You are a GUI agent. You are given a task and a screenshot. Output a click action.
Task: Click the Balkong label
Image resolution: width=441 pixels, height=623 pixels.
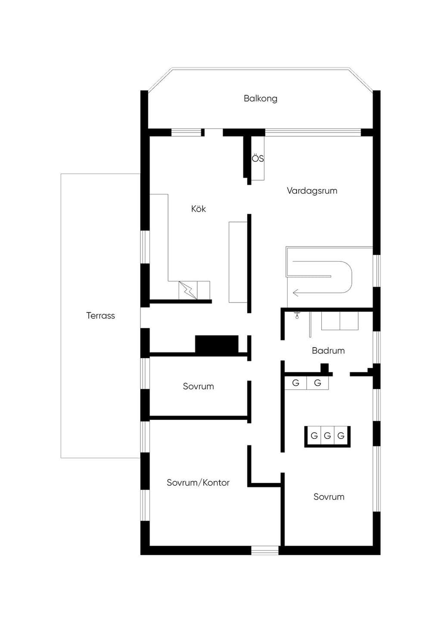[x=260, y=99]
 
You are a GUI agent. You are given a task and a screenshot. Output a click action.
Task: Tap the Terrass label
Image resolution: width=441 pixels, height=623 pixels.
[x=100, y=315]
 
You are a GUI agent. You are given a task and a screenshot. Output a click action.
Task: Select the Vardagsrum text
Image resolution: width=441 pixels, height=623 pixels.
[x=312, y=191]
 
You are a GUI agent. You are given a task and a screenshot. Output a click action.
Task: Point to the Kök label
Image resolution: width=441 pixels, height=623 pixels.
[x=198, y=209]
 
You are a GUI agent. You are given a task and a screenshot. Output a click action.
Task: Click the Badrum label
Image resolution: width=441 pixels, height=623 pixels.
[x=328, y=350]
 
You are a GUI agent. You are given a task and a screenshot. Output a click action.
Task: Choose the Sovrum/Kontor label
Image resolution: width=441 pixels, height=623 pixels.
[x=198, y=482]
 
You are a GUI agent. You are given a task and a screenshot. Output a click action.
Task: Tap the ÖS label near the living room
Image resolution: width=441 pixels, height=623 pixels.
[x=258, y=158]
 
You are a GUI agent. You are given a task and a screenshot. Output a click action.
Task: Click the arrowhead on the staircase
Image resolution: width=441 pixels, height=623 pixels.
[x=295, y=293]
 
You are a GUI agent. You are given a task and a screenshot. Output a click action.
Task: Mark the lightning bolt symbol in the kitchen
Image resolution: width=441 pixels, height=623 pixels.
[x=188, y=290]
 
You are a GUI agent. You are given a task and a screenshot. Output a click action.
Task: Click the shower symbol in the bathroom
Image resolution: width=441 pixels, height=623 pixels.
[x=297, y=315]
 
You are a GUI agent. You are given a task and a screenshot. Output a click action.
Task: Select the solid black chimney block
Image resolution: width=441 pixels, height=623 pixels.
[x=217, y=345]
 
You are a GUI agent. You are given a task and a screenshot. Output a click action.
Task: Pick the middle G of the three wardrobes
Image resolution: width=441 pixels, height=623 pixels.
[x=327, y=435]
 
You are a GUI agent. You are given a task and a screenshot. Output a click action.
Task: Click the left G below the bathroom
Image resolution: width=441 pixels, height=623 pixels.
[x=296, y=383]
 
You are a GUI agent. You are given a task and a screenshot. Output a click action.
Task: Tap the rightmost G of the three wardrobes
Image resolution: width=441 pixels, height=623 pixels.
[x=341, y=435]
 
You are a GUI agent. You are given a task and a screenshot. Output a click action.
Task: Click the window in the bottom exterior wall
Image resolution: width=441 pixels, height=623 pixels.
[x=265, y=550]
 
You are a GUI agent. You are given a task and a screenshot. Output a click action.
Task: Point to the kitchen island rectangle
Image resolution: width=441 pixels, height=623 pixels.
[x=238, y=262]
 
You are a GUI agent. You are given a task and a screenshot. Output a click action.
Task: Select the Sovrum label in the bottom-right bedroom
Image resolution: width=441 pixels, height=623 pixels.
[x=329, y=497]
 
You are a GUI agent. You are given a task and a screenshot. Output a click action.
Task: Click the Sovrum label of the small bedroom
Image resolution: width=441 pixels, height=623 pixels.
[x=198, y=386]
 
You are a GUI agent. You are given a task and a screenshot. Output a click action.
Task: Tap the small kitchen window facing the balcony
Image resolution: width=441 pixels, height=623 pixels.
[x=186, y=133]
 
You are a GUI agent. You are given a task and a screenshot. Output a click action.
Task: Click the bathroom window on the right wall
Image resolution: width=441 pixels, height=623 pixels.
[x=377, y=347]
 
